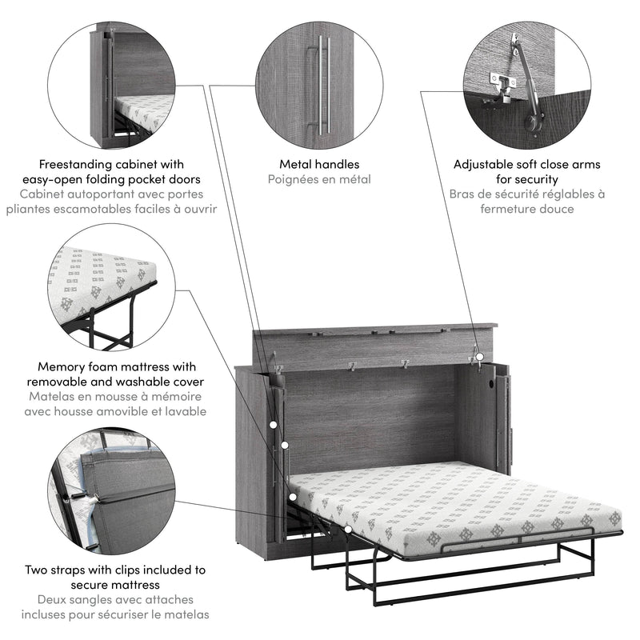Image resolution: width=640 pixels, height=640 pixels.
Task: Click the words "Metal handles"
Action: [319, 165]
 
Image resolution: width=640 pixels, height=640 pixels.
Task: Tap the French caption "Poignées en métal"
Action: [319, 180]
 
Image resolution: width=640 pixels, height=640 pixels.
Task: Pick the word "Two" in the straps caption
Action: [35, 570]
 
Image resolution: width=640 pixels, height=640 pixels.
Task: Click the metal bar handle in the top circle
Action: [322, 84]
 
